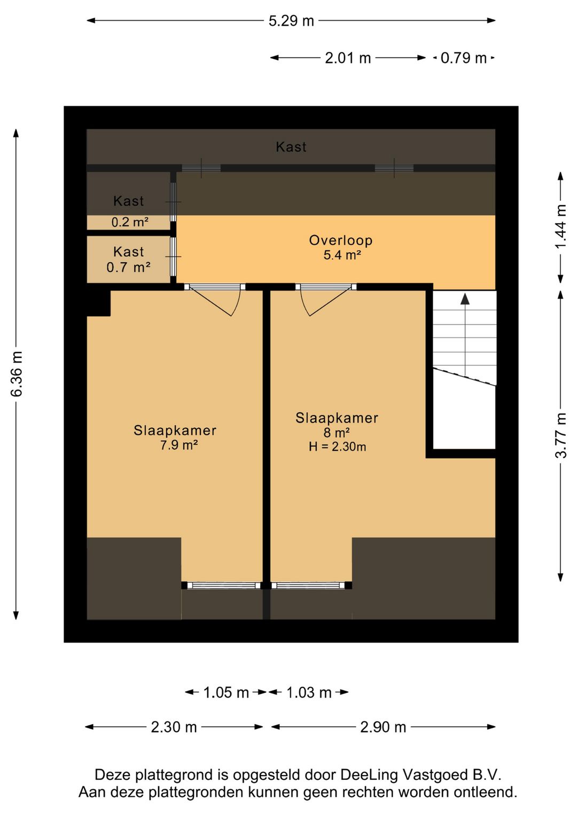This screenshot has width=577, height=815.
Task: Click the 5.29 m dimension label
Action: (291, 21)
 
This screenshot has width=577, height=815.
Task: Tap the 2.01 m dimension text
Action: (348, 58)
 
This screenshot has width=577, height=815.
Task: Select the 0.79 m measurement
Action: (463, 58)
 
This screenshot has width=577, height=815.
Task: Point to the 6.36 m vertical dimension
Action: (17, 374)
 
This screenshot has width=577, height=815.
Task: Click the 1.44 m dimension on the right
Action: (560, 227)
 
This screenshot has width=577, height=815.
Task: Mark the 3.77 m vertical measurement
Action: (560, 435)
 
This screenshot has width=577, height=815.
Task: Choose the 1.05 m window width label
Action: (226, 693)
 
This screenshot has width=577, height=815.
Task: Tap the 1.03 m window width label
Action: (309, 693)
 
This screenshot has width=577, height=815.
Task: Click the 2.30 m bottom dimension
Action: (174, 727)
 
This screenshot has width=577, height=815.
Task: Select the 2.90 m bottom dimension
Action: (383, 727)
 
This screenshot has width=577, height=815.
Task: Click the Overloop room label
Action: (340, 240)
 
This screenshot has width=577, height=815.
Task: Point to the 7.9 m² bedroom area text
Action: (179, 445)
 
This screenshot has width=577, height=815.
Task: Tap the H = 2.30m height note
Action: (337, 447)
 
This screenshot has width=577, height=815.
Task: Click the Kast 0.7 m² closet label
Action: (128, 260)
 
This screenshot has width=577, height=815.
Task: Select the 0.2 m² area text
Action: (130, 222)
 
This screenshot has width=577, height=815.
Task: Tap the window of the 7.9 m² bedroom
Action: (222, 585)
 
